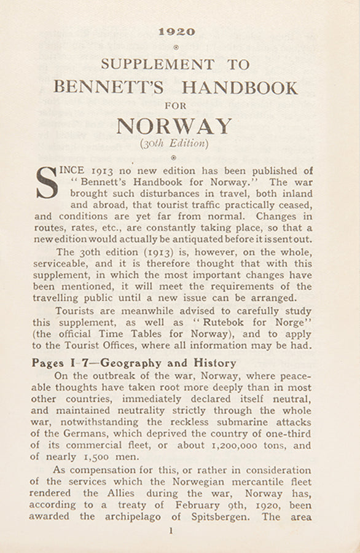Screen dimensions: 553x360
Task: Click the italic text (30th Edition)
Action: coord(174,144)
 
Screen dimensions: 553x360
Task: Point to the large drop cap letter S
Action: coord(47,183)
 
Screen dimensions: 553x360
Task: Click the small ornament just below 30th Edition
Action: coord(175,158)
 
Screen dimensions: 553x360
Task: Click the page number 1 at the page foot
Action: coord(175,535)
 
